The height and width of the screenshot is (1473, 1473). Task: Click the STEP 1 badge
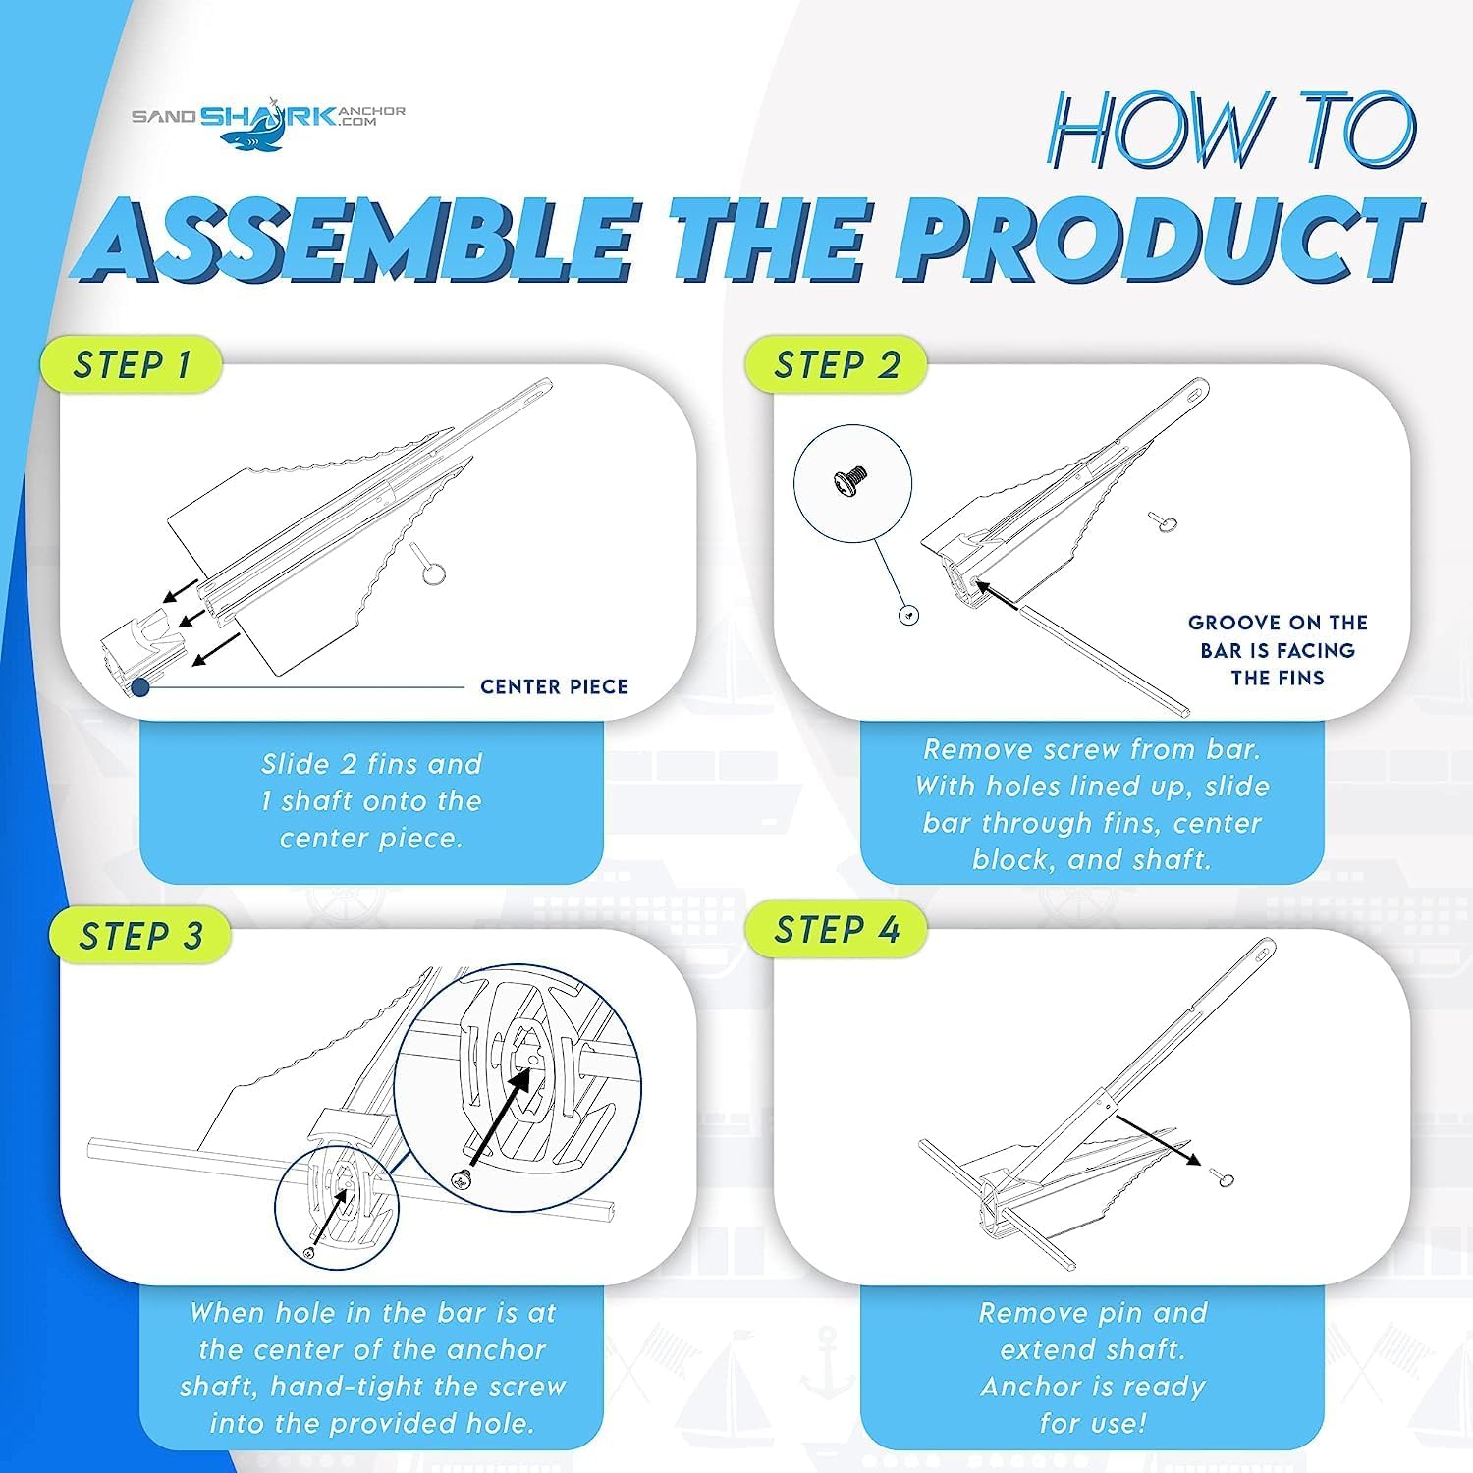tap(131, 365)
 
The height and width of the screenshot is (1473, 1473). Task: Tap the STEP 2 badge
tap(836, 365)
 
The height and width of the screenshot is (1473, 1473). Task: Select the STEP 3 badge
tap(139, 936)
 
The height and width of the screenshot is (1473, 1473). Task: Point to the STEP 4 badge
tap(836, 929)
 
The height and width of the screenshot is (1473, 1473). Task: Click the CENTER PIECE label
tap(554, 686)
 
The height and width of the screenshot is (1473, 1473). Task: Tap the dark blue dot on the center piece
tap(140, 687)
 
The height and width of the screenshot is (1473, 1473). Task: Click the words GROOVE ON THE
tap(1278, 623)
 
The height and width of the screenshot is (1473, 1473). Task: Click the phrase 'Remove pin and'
tap(1093, 1313)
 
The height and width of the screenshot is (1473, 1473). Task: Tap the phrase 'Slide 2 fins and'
tap(371, 764)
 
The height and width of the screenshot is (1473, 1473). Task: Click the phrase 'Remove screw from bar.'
tap(1092, 750)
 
